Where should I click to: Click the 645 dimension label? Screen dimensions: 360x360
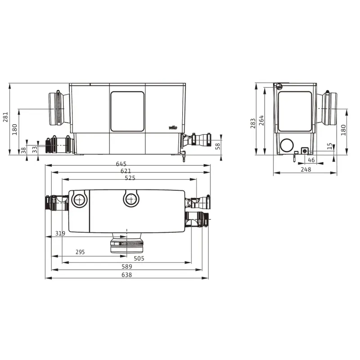tap(121, 164)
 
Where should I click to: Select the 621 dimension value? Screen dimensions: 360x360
tap(126, 171)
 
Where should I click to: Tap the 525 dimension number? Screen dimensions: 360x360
tap(130, 178)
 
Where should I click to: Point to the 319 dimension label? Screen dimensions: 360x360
tap(60, 233)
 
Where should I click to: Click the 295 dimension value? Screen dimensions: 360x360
tap(80, 252)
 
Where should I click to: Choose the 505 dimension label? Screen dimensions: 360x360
tap(139, 258)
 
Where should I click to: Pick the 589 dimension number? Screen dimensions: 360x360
tap(127, 266)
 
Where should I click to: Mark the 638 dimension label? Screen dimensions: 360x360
tap(127, 274)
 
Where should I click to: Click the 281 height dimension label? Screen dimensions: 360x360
tap(5, 117)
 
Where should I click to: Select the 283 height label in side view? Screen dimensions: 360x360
tap(253, 123)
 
